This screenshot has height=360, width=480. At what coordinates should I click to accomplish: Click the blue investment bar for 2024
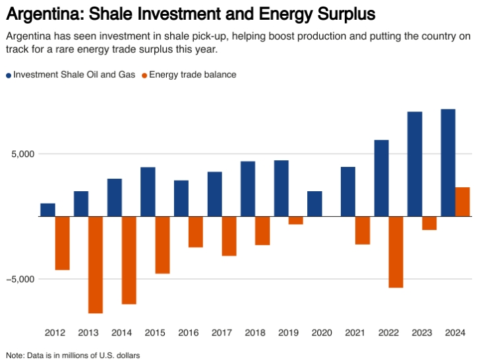tap(448, 162)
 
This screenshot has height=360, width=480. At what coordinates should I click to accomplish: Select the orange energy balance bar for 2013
tap(96, 264)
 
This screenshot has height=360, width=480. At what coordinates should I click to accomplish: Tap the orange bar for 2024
tap(463, 202)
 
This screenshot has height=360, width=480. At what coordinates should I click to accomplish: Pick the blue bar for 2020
tap(315, 204)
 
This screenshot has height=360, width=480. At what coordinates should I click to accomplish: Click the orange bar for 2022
tap(396, 252)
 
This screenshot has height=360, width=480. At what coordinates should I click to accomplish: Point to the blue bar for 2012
tap(47, 210)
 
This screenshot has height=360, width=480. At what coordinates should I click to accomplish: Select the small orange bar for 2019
tap(296, 220)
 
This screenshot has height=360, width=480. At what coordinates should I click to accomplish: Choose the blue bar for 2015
tap(148, 191)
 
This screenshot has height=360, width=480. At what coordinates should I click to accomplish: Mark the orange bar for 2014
tap(129, 260)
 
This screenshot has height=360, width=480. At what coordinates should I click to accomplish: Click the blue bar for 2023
tap(415, 164)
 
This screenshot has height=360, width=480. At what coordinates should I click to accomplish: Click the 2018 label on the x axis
tap(255, 332)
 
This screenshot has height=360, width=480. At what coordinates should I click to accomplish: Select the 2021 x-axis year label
tap(355, 332)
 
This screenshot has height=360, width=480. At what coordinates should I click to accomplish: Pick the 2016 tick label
tap(189, 332)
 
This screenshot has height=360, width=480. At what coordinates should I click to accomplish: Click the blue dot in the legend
tap(9, 75)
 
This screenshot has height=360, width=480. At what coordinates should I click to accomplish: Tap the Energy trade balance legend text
tap(193, 75)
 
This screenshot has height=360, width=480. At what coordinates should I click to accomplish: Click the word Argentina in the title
tap(41, 13)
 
